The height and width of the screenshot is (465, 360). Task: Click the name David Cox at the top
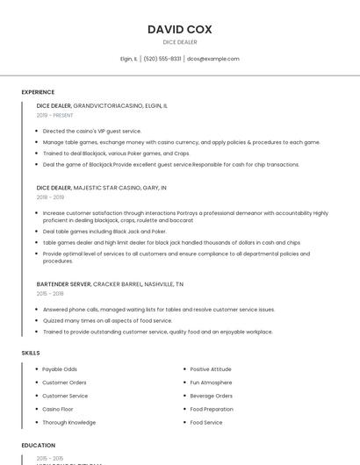[180, 30]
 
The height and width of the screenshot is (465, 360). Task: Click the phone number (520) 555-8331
[162, 59]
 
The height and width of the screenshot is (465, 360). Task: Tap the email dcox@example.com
[213, 59]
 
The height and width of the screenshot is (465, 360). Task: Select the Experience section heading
[38, 92]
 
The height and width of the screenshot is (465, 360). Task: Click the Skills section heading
[31, 353]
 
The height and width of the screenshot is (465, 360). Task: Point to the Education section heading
[38, 446]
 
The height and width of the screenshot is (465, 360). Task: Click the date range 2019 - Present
[54, 115]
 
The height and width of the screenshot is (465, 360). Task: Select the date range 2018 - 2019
[50, 197]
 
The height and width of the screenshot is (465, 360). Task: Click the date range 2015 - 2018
[50, 294]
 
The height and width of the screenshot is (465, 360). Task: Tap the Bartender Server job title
[64, 284]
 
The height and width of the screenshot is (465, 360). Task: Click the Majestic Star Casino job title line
[101, 188]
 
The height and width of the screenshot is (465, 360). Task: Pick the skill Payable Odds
[60, 369]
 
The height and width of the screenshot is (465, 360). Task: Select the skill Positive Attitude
[211, 369]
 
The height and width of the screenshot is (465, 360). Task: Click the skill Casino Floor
[58, 409]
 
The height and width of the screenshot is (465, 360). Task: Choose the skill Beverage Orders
[212, 396]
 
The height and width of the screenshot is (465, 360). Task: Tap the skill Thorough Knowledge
[68, 422]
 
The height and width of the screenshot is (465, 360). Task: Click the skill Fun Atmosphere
[211, 383]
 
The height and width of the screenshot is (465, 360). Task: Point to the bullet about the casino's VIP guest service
[91, 131]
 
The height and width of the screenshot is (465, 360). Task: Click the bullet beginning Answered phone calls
[158, 309]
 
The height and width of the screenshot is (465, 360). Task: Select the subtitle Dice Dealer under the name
[180, 42]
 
